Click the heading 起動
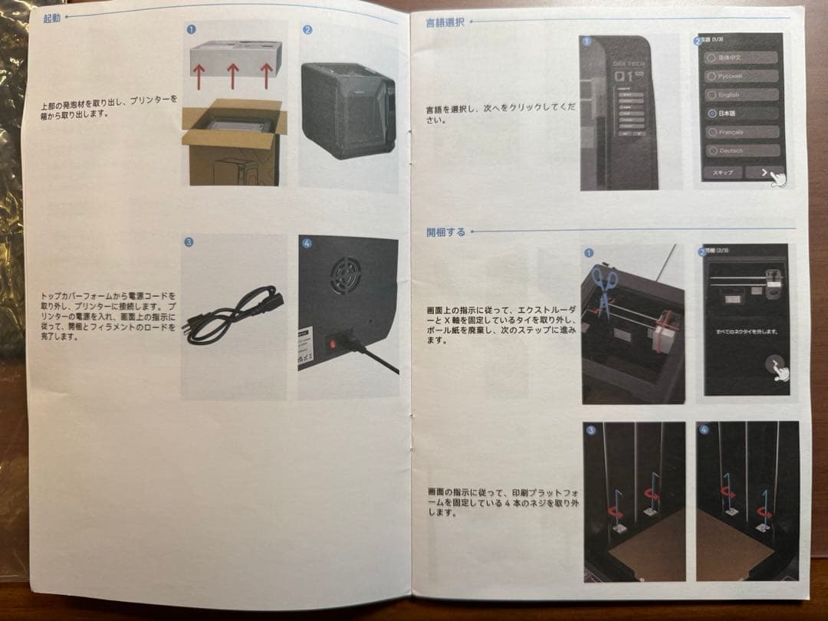point(51,18)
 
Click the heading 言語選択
point(445,22)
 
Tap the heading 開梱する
point(445,232)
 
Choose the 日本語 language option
point(741,113)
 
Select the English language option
point(741,95)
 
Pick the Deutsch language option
point(741,151)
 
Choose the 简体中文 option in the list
point(741,58)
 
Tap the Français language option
point(741,132)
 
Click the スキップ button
point(722,172)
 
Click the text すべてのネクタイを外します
point(742,331)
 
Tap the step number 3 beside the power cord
point(189,242)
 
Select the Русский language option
point(741,77)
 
